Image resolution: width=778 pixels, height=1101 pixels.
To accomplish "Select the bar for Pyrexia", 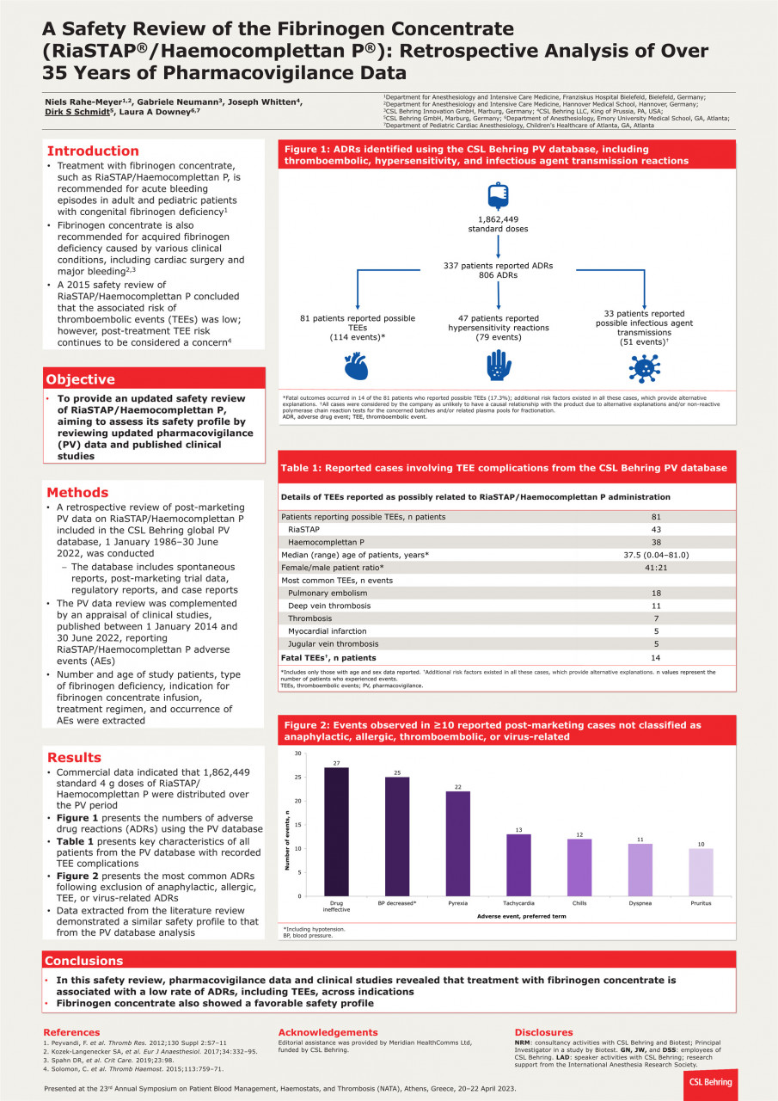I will coord(457,843).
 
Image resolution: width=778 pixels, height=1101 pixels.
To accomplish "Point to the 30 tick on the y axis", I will coord(297,753).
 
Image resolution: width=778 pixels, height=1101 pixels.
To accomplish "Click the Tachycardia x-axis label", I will coord(518,903).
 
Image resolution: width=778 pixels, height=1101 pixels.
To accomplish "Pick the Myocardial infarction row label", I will coord(328,630).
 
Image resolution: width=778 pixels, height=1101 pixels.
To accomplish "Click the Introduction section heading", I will coord(93,151).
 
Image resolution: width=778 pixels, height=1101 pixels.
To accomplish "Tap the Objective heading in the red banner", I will coord(80,379).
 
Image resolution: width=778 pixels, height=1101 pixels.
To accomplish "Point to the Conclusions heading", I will coord(84,961).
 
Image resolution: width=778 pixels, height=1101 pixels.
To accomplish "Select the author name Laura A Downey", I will coord(170,112).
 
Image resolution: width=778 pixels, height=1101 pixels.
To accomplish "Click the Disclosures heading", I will coord(543,1032).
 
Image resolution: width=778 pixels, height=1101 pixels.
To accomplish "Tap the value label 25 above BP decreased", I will coord(397,773).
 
